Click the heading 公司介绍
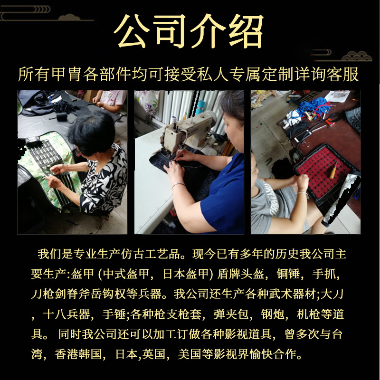click(x=189, y=31)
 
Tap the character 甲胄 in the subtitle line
click(x=66, y=74)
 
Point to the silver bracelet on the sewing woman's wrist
click(x=178, y=185)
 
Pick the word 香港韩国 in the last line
click(x=78, y=354)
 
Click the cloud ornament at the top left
click(x=69, y=18)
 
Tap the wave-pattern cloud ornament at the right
click(x=356, y=56)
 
